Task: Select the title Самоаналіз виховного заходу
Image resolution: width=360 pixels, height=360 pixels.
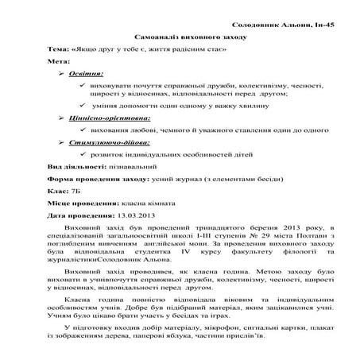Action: pyautogui.click(x=180, y=37)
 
